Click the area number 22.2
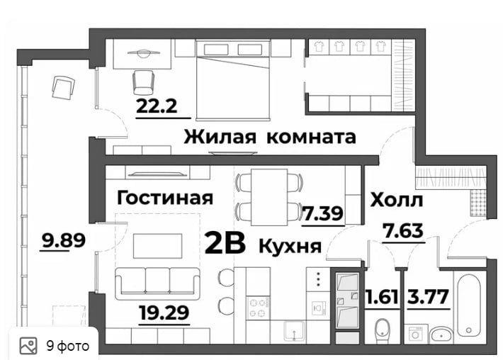point(157,106)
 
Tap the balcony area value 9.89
point(64,240)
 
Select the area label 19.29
point(164,312)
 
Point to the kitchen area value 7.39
point(323,213)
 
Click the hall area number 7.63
point(404,231)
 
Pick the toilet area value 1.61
point(383,297)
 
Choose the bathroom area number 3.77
point(428,297)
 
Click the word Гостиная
point(165,198)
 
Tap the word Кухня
point(290,247)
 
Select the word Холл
point(397,200)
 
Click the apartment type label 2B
point(225,243)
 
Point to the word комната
point(311,137)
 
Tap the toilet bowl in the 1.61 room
point(383,330)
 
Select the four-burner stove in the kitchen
point(259,307)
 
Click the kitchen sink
point(295,331)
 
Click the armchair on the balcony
point(63,87)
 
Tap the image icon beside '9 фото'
point(28,346)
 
